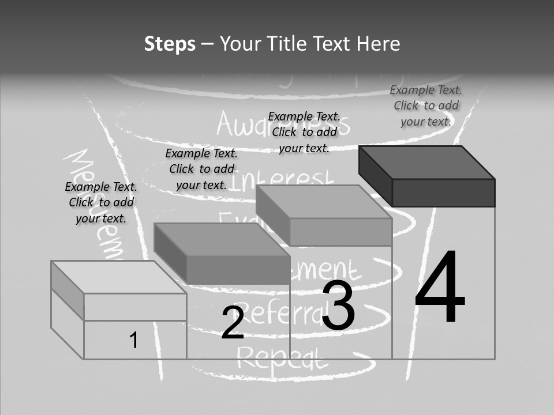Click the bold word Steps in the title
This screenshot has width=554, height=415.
pos(170,44)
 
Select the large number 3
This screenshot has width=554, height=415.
pos(338,305)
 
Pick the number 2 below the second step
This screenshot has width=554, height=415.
pos(233,323)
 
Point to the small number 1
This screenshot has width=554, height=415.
pos(133,340)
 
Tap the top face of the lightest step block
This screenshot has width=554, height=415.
pos(119,277)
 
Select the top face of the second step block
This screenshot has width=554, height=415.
pos(222,239)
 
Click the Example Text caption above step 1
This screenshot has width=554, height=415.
pos(101,202)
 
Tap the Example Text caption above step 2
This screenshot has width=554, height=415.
pos(201,169)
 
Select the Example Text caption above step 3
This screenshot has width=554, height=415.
pos(304,132)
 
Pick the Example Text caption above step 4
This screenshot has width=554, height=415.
pos(426,105)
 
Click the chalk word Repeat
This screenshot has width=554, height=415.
pos(282,359)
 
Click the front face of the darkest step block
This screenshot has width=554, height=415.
pos(443,193)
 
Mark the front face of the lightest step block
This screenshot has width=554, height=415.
pos(135,307)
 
